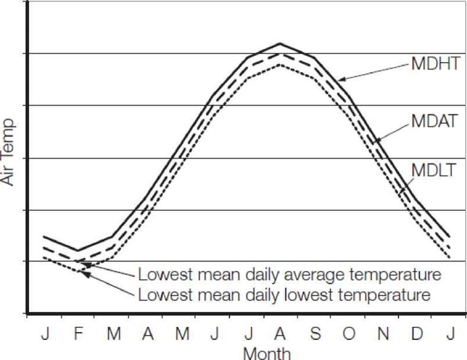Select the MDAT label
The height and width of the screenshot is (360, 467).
pyautogui.click(x=435, y=121)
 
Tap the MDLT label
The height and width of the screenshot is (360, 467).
pyautogui.click(x=434, y=171)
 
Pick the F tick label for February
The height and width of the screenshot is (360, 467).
pyautogui.click(x=78, y=334)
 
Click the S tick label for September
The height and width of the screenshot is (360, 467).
pyautogui.click(x=315, y=334)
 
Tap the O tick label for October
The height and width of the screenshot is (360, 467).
pyautogui.click(x=350, y=334)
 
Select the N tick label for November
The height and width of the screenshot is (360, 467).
pyautogui.click(x=383, y=334)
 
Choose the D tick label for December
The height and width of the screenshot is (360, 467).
pyautogui.click(x=418, y=334)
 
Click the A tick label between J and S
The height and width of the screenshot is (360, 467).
pyautogui.click(x=281, y=334)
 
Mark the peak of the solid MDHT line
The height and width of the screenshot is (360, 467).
pyautogui.click(x=280, y=44)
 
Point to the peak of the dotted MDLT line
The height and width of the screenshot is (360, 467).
pyautogui.click(x=280, y=65)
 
